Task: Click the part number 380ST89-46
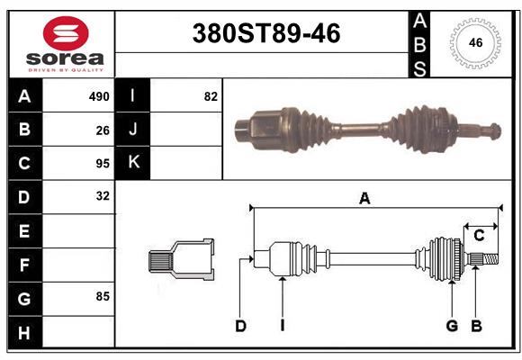pos(266,33)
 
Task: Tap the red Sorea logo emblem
pos(66,34)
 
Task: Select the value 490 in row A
pos(99,96)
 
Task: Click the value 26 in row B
pos(103,130)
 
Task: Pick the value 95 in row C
pos(103,164)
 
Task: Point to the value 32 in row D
pos(103,195)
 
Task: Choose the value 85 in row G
pos(103,294)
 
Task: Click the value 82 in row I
pos(211,96)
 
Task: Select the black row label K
pos(133,163)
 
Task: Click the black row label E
pos(24,231)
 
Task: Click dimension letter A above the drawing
pos(364,199)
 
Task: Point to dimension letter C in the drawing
pos(479,235)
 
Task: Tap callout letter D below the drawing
pos(240,326)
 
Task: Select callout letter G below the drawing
pos(452,326)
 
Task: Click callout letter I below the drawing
pos(282,326)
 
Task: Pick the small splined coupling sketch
pos(181,260)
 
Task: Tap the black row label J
pos(133,130)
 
